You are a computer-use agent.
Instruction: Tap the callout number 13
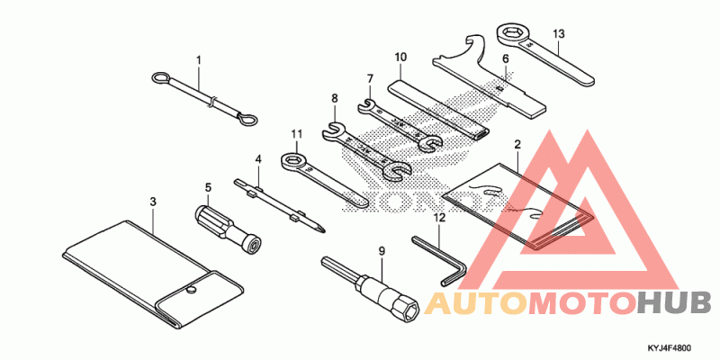[559, 34]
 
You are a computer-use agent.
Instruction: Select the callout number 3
[153, 201]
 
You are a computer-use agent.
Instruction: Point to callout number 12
[439, 217]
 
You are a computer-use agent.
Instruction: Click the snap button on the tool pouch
[192, 290]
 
